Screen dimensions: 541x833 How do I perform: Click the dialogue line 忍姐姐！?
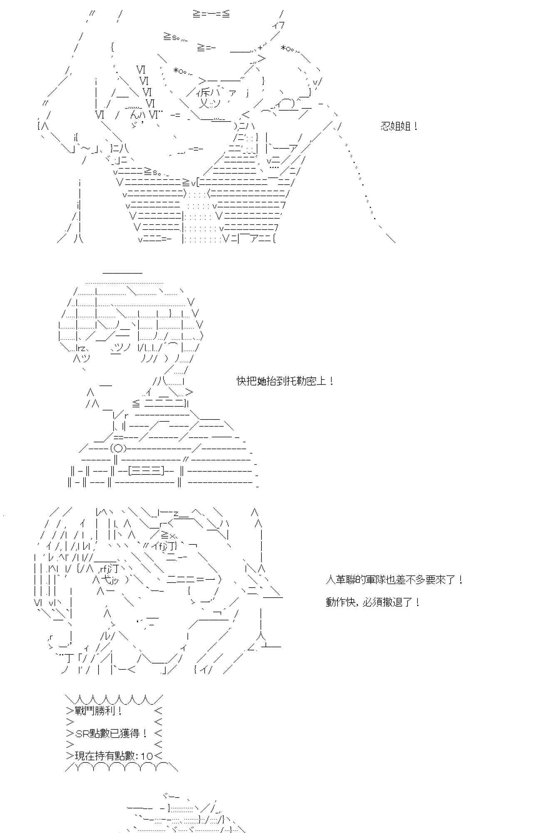[x=399, y=126]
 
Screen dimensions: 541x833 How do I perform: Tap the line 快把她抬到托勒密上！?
[x=285, y=381]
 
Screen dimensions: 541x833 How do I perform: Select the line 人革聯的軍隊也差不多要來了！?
[x=394, y=580]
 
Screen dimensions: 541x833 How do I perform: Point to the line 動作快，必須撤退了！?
[x=372, y=602]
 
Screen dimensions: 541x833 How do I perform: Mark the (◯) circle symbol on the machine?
[x=118, y=449]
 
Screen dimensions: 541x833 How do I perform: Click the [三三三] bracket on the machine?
[x=145, y=471]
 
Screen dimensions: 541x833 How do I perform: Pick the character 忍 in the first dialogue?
[x=385, y=126]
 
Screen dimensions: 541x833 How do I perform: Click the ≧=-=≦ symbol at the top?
[x=211, y=14]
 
